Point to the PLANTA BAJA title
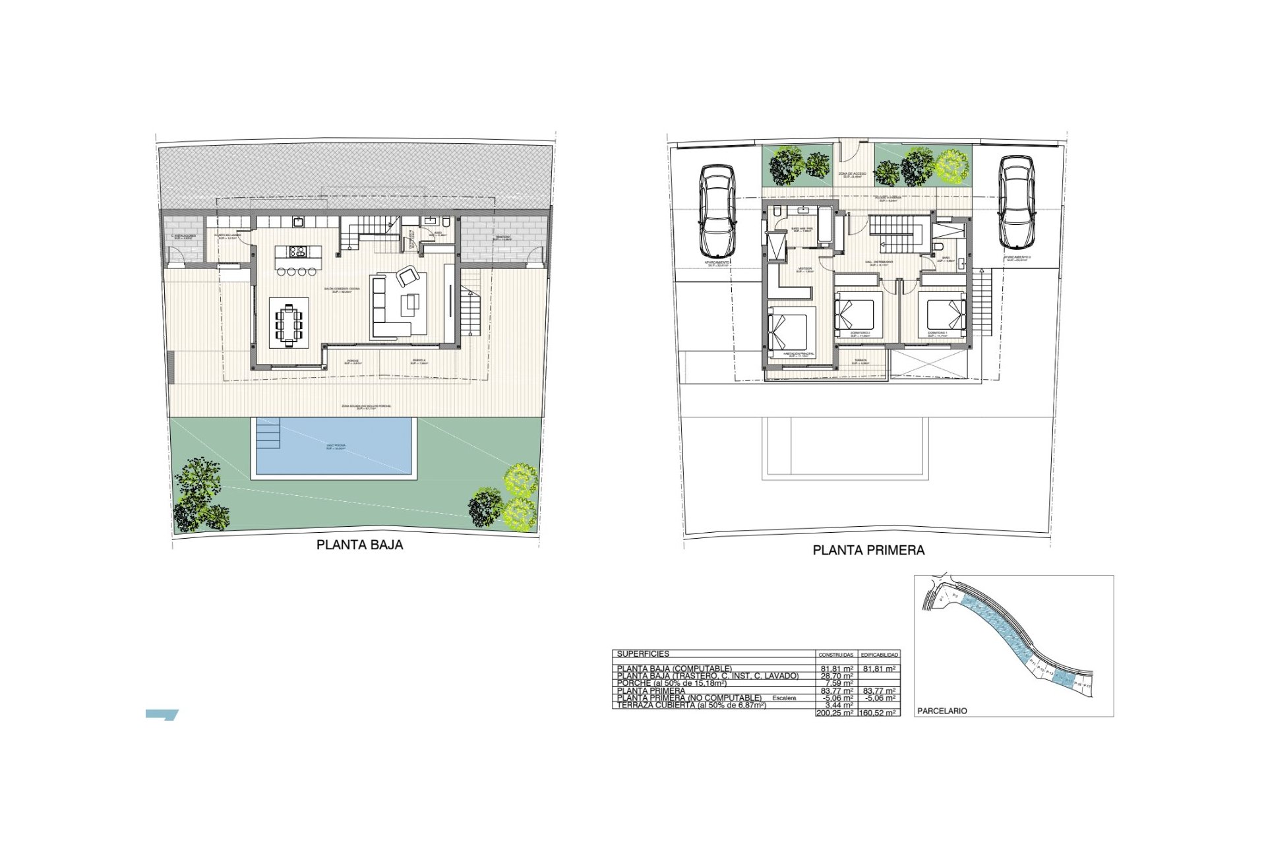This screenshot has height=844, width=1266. pos(359,545)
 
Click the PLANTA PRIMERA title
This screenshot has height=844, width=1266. pos(868,550)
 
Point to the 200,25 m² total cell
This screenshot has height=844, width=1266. pos(835,713)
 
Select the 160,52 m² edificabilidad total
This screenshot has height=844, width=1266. pos(878,713)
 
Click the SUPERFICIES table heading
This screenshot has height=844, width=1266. pos(643,654)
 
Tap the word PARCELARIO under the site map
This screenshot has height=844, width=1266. pos(942,711)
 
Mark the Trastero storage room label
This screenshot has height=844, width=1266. pos(503,236)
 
